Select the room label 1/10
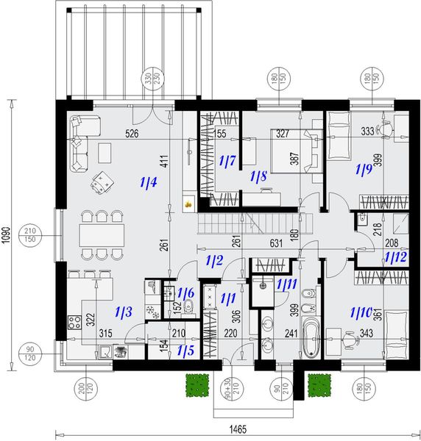click(361, 312)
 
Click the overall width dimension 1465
click(236, 430)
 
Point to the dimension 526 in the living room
click(132, 134)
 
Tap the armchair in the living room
click(102, 179)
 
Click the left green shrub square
click(195, 384)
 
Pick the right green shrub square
click(318, 384)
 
